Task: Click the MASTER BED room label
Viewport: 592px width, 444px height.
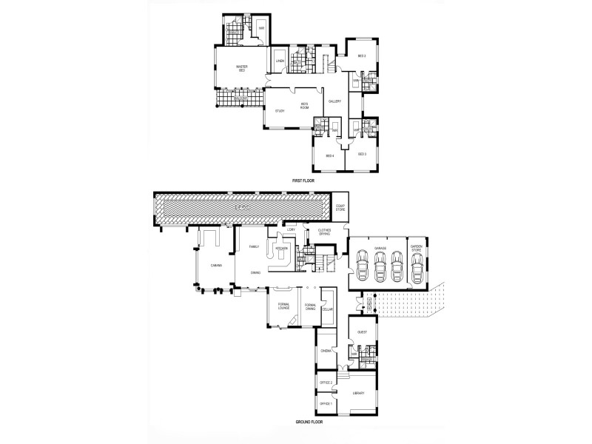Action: (x=241, y=69)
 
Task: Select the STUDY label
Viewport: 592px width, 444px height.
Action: (x=280, y=111)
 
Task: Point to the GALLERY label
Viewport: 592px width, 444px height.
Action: (x=334, y=101)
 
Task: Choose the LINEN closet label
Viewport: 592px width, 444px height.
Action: (x=280, y=61)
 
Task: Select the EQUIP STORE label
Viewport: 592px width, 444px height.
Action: (x=341, y=209)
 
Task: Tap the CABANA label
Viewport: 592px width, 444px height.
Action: (x=216, y=264)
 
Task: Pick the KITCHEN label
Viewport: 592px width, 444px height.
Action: (x=281, y=249)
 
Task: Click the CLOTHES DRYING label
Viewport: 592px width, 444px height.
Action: (x=325, y=232)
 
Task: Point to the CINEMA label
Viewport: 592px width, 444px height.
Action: (x=326, y=351)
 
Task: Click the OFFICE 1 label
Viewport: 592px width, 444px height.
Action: (x=326, y=404)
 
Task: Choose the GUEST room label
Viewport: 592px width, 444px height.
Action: (x=362, y=333)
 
